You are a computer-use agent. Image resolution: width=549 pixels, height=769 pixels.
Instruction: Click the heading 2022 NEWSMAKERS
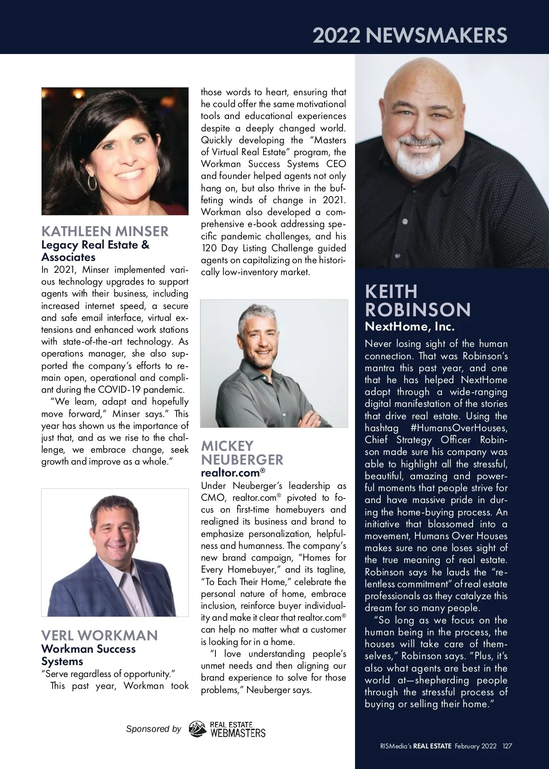point(410,35)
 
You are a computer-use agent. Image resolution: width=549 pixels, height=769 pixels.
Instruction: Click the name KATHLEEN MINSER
point(105,231)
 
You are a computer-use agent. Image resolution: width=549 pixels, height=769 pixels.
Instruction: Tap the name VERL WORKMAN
point(99,635)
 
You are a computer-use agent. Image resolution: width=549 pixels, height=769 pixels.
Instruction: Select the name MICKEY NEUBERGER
point(242,453)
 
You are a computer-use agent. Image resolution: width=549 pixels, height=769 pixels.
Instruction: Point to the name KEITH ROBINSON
point(418,301)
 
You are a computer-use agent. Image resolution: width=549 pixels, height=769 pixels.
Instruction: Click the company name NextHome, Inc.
point(409,327)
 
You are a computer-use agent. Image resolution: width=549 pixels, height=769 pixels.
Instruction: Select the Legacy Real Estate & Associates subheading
point(95,251)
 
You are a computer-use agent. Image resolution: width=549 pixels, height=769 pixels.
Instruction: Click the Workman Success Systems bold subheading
point(88,655)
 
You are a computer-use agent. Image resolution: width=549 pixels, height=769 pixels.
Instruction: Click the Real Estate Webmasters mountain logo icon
point(198,729)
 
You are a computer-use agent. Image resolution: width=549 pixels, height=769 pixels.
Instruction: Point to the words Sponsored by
point(153,729)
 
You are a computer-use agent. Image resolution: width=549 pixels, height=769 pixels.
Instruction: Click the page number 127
point(507,746)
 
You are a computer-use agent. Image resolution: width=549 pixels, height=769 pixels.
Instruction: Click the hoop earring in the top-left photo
point(92,183)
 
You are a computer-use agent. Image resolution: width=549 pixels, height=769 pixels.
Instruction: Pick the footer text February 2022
point(475,746)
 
